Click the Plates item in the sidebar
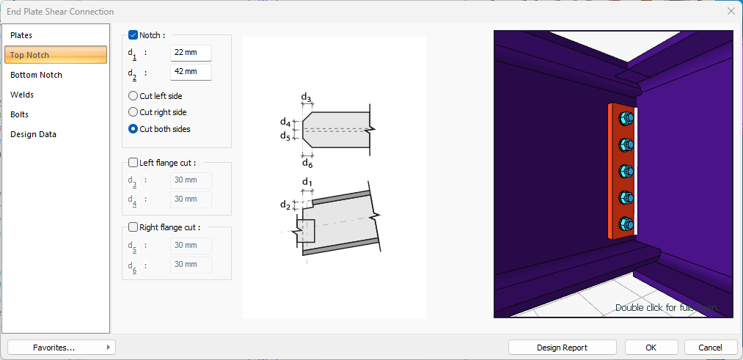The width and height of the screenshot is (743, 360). click(21, 35)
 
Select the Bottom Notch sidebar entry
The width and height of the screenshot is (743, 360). click(36, 75)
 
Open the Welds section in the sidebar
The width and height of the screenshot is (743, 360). click(22, 95)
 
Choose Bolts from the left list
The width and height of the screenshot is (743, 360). click(20, 114)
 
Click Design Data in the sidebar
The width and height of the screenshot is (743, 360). click(33, 134)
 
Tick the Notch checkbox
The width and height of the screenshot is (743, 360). click(133, 34)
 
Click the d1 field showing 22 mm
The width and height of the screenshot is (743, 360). click(191, 53)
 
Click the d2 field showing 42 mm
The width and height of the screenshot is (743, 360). click(191, 72)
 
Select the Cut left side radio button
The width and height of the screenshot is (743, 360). click(133, 95)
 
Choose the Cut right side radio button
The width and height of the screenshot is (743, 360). click(133, 112)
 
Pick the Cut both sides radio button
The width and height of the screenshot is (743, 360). click(133, 129)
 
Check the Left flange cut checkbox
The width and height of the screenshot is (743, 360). click(133, 163)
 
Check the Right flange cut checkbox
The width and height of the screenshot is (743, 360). click(133, 227)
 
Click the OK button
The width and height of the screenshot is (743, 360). click(651, 347)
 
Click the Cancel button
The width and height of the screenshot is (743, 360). click(710, 347)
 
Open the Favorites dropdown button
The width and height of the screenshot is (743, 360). click(62, 347)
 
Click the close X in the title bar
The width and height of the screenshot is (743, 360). click(731, 11)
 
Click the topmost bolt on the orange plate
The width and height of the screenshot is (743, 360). click(626, 119)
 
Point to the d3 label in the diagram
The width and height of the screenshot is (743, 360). click(307, 98)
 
